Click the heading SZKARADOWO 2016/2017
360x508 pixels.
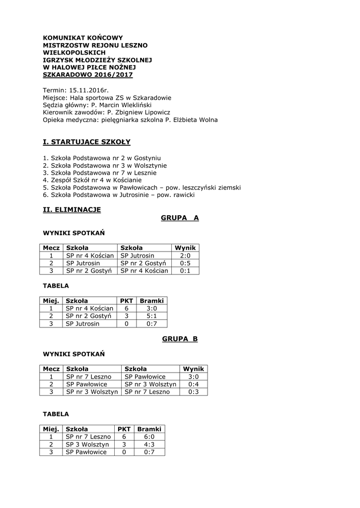(88, 74)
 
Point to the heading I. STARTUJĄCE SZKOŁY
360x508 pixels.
(87, 142)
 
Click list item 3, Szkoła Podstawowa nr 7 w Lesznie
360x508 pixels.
(100, 173)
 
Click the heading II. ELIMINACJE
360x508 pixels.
(72, 210)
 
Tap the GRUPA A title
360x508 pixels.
(180, 218)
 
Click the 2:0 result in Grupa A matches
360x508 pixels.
(185, 255)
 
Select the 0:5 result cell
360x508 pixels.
(185, 263)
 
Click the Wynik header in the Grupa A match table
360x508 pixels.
(185, 248)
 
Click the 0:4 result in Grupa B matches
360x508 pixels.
(194, 384)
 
